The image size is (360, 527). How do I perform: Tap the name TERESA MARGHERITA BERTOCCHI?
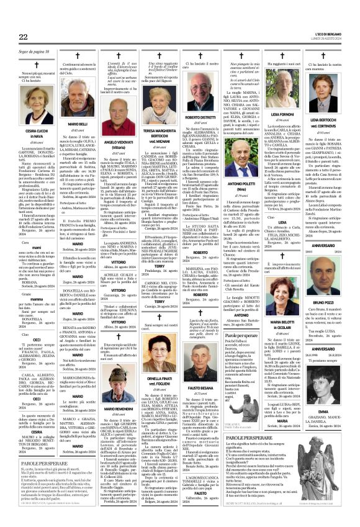pyautogui.click(x=161, y=134)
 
